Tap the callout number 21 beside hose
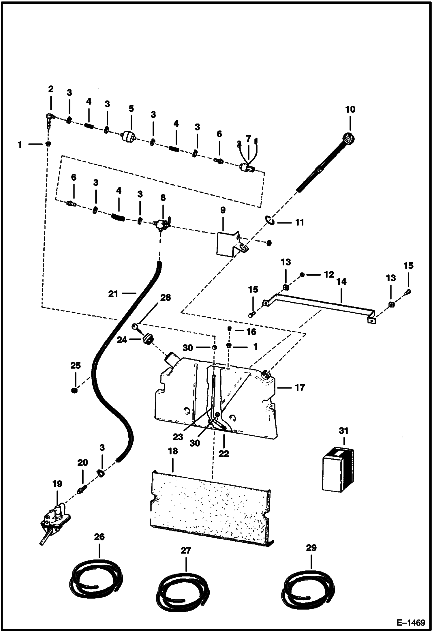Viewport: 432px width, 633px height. tap(113, 294)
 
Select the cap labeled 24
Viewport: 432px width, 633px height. tap(148, 338)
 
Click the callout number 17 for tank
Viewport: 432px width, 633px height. tap(300, 387)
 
